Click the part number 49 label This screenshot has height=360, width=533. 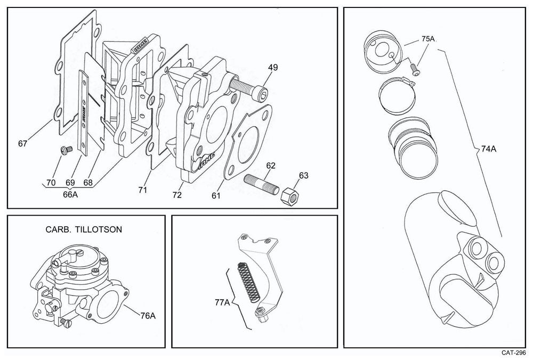273,68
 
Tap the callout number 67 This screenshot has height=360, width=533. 22,143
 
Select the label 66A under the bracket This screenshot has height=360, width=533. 70,195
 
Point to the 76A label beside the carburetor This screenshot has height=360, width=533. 148,315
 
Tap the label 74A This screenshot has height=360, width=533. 488,150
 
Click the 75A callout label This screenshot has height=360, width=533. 429,39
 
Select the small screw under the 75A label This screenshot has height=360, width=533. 416,68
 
